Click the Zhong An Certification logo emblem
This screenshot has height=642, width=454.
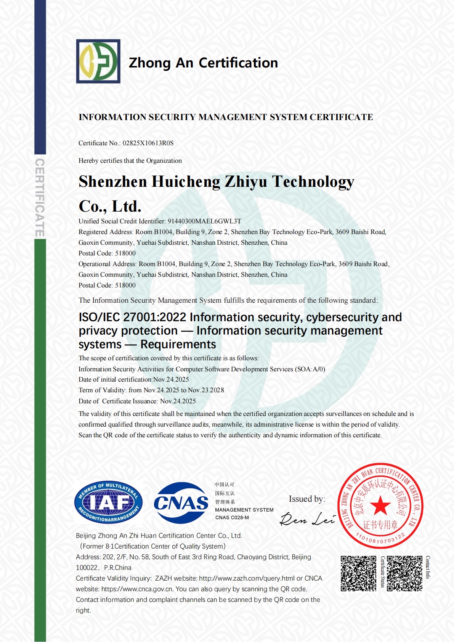pos(98,61)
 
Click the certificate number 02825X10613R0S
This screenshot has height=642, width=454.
pos(148,143)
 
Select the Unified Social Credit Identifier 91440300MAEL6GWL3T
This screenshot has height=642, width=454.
pos(204,221)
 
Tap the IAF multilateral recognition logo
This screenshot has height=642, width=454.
pos(108,502)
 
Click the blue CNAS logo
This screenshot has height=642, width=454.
pos(181,502)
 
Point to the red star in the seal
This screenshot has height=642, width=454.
pos(380,506)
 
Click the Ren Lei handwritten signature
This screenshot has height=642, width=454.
pos(307,518)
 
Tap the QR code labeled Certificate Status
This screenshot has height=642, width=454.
pos(358,573)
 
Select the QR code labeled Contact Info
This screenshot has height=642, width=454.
pos(404,573)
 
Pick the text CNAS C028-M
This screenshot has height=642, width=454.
pos(232,517)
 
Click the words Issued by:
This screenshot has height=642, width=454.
pos(306,499)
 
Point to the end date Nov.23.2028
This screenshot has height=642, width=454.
pos(206,390)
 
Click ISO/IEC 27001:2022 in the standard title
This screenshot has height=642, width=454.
pos(132,317)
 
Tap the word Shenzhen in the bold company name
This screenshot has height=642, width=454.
pos(112,181)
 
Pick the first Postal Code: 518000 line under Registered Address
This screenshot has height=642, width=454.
pos(107,253)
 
